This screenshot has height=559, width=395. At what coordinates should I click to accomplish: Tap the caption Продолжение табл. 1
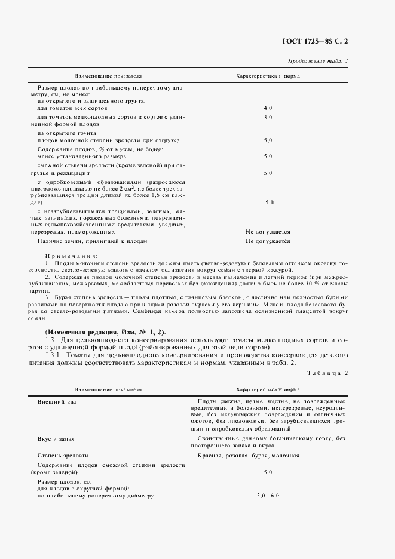click(318, 61)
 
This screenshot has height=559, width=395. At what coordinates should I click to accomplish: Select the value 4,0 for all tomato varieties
click(268, 107)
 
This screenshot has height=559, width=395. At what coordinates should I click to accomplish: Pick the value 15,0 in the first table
click(268, 203)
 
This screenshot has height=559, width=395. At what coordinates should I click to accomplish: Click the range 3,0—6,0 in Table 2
click(268, 496)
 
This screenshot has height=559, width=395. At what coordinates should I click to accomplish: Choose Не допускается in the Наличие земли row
click(268, 241)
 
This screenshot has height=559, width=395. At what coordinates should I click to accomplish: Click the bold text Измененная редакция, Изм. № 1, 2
click(106, 332)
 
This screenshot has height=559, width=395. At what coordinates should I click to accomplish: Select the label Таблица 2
click(327, 373)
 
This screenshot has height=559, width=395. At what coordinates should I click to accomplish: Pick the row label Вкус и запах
click(56, 438)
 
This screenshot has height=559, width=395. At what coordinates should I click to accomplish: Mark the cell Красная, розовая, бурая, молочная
click(248, 455)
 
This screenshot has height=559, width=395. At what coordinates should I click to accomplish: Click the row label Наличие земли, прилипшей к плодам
click(92, 241)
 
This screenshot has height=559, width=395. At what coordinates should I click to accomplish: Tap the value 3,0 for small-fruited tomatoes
click(268, 118)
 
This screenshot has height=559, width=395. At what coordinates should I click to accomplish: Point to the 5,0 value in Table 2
click(268, 472)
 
